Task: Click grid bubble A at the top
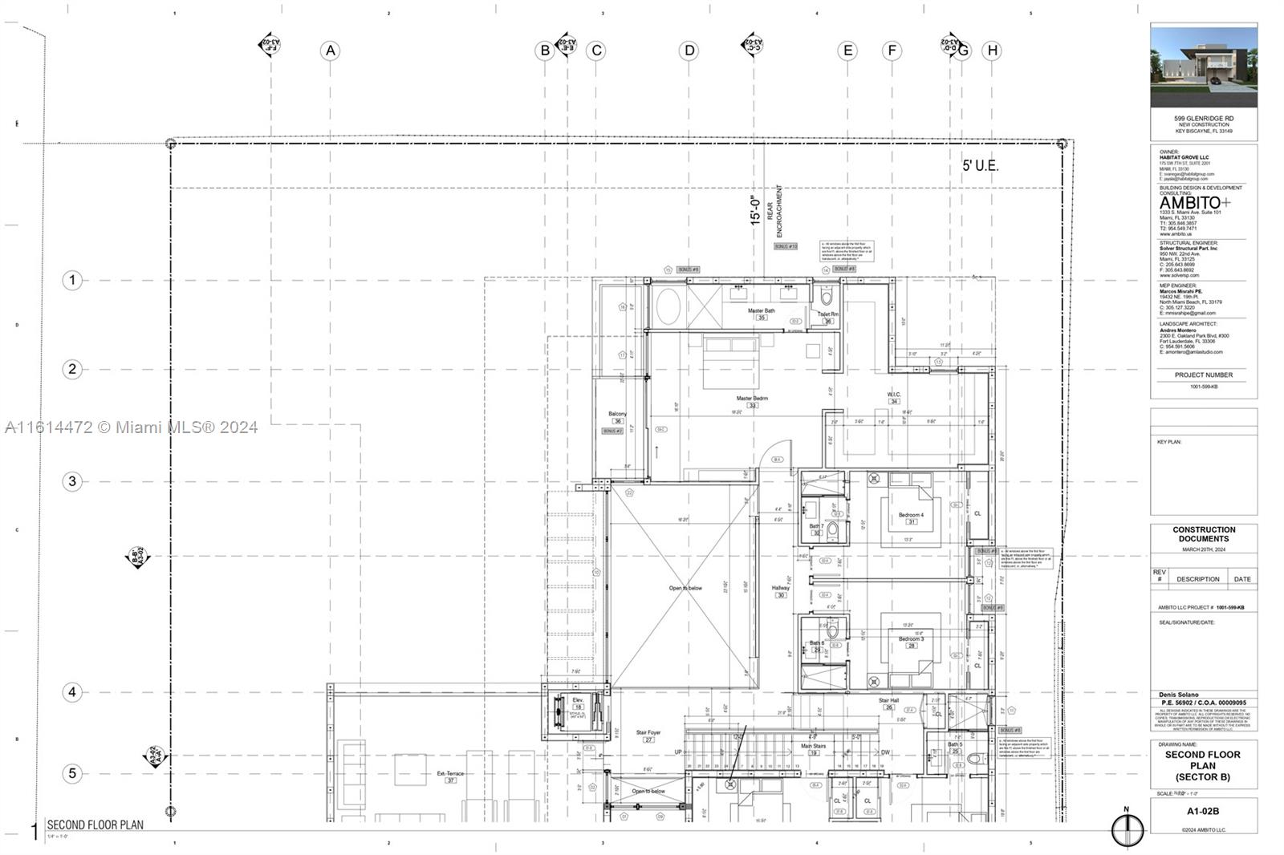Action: click(330, 51)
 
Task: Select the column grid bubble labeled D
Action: click(689, 51)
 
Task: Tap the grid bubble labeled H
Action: click(992, 51)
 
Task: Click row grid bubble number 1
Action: click(72, 280)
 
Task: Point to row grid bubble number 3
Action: click(72, 481)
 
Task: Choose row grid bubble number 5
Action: click(72, 773)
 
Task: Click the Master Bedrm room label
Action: click(752, 399)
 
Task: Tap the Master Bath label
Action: click(761, 311)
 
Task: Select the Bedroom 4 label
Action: click(911, 515)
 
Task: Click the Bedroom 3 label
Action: click(911, 639)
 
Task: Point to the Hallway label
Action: click(780, 588)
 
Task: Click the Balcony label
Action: click(617, 415)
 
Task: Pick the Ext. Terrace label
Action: click(450, 774)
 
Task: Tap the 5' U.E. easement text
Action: click(980, 166)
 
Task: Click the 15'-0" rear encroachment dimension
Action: click(754, 210)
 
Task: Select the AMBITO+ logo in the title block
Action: click(1194, 203)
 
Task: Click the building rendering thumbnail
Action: click(1204, 66)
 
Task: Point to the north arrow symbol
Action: click(1127, 829)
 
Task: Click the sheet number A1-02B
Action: click(1203, 811)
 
